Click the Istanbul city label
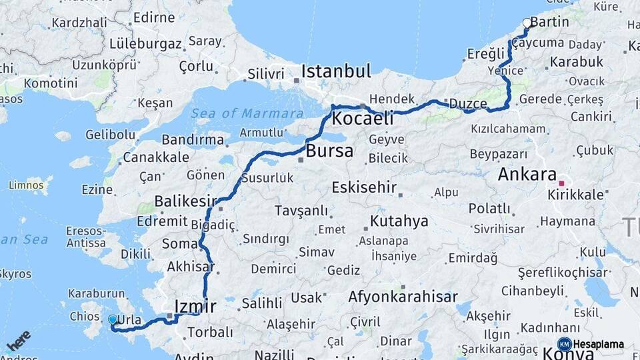335,71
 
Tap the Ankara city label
527,175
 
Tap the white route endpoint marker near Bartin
527,23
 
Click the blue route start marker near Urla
113,320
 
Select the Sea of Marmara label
247,113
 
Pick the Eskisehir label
364,187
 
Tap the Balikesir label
186,201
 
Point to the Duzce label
468,103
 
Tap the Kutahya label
399,221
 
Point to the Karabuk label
577,62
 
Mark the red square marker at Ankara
561,183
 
